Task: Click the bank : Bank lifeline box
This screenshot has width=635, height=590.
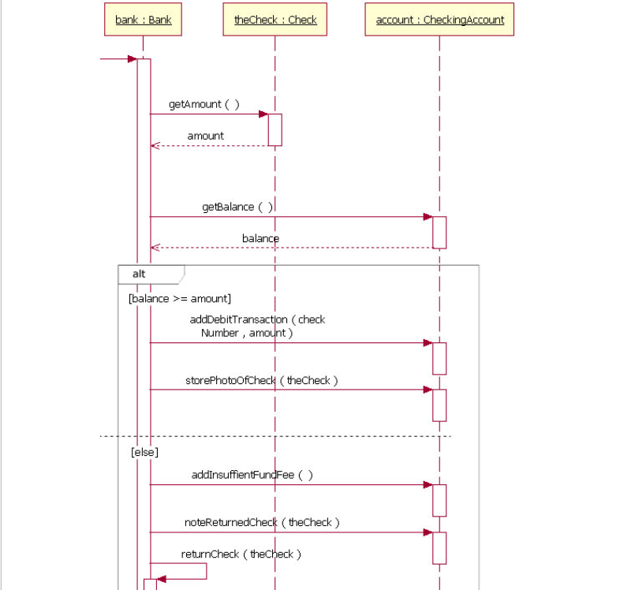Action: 143,21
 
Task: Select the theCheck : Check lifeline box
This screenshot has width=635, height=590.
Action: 275,21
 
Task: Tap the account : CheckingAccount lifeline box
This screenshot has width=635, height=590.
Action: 439,21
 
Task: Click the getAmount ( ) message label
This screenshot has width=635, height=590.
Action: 204,105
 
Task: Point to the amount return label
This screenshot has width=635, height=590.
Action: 205,136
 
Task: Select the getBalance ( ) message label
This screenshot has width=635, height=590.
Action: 237,207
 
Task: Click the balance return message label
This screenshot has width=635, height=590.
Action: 260,238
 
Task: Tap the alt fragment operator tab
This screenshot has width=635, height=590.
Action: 139,274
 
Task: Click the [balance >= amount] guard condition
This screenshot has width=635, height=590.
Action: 179,299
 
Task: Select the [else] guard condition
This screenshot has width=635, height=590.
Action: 144,453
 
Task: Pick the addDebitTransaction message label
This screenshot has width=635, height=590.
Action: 257,327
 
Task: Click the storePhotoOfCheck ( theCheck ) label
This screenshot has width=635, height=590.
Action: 261,381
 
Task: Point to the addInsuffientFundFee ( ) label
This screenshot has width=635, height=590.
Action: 252,476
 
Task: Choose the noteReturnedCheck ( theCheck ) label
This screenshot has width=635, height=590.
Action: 262,523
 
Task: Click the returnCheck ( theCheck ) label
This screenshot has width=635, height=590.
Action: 241,555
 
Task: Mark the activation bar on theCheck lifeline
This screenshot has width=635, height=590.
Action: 275,130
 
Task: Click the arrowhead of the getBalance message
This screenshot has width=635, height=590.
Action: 428,217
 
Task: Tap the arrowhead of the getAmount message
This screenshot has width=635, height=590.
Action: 263,114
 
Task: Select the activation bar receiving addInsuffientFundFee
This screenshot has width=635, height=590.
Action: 439,500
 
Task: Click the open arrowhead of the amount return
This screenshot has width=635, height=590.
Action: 155,146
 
